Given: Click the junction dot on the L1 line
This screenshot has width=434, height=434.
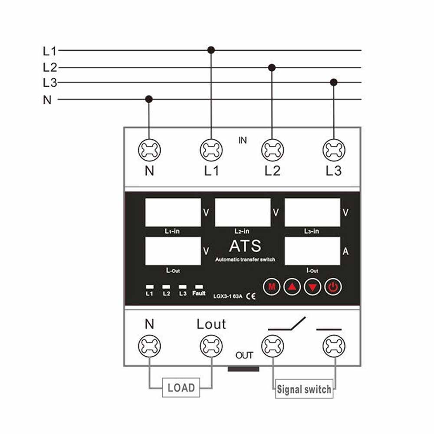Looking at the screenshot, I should [x=211, y=50].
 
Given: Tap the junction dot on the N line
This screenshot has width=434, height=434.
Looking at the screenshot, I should [x=149, y=99].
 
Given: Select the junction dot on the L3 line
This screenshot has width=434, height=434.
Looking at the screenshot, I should [x=334, y=82].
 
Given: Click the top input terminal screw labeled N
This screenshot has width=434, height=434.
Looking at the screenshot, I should [x=149, y=150].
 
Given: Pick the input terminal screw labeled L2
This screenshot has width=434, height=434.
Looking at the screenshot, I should [x=272, y=150].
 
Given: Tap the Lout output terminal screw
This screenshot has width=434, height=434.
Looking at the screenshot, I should [x=211, y=346].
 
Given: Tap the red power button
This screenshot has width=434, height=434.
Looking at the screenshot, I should [x=333, y=286].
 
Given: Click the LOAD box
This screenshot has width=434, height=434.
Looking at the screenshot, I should [x=181, y=388].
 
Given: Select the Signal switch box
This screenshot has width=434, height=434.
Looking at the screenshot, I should [x=304, y=389].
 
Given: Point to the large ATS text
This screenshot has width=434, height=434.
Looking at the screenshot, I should [x=245, y=247].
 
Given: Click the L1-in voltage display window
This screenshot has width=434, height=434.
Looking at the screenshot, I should [x=173, y=212].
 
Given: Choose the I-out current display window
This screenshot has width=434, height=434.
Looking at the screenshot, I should [x=312, y=251].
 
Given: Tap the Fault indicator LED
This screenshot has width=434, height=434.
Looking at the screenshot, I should [x=199, y=287].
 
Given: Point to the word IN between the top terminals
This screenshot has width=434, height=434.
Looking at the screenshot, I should [x=243, y=140].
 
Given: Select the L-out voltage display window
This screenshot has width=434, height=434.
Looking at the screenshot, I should [x=173, y=251].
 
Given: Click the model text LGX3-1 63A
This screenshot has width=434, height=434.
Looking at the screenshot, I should [x=228, y=297].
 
